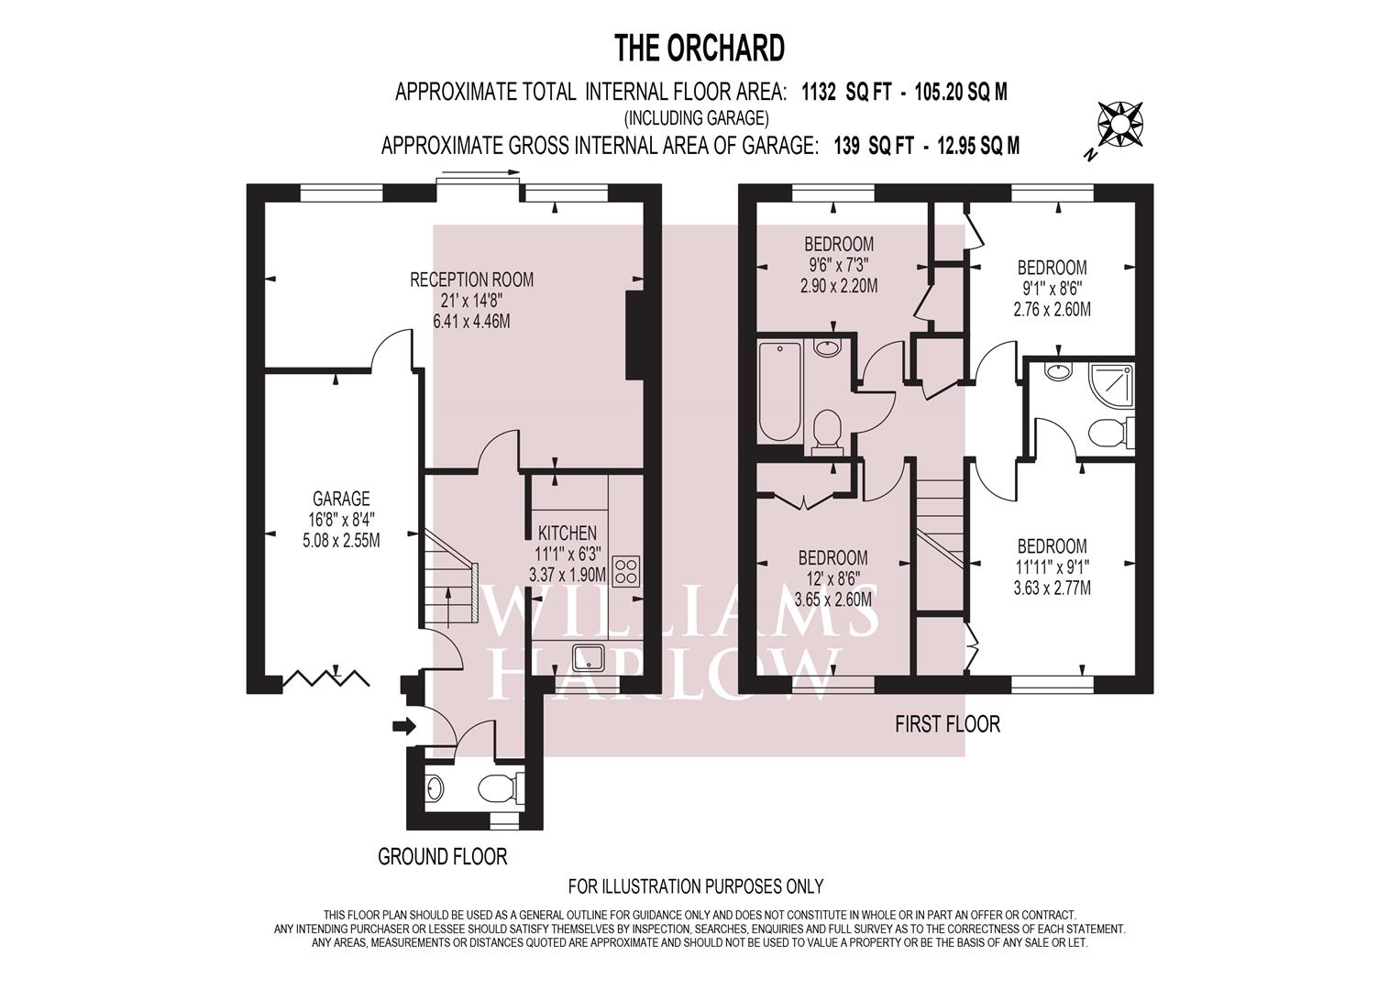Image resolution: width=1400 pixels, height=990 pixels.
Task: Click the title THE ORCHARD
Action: pyautogui.click(x=700, y=49)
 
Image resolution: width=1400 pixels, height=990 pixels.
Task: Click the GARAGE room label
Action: pyautogui.click(x=341, y=499)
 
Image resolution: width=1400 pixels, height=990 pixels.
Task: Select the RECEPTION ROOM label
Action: pyautogui.click(x=472, y=280)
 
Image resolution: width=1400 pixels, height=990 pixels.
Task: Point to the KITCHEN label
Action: pyautogui.click(x=568, y=533)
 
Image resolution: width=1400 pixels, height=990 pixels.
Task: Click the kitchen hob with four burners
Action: pyautogui.click(x=626, y=570)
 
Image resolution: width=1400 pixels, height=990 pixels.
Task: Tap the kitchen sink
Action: pyautogui.click(x=588, y=657)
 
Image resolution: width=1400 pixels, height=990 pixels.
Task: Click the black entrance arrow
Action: pyautogui.click(x=404, y=726)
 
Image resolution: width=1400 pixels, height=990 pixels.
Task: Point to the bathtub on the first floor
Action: pyautogui.click(x=779, y=391)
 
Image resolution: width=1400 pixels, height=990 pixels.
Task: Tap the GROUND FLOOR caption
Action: pyautogui.click(x=443, y=856)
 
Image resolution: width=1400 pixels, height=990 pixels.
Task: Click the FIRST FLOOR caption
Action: pyautogui.click(x=947, y=724)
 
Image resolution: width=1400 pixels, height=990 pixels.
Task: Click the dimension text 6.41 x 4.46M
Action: pyautogui.click(x=472, y=321)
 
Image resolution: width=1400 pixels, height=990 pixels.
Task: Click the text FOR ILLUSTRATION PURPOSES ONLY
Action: pyautogui.click(x=696, y=886)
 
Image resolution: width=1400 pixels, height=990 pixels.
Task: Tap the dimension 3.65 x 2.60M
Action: pyautogui.click(x=833, y=599)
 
